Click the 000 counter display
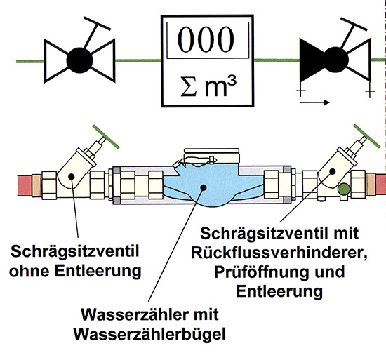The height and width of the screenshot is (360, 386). (x=207, y=41)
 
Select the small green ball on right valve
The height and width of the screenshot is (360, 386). (x=343, y=188)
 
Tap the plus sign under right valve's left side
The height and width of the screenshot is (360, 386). (x=301, y=92)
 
